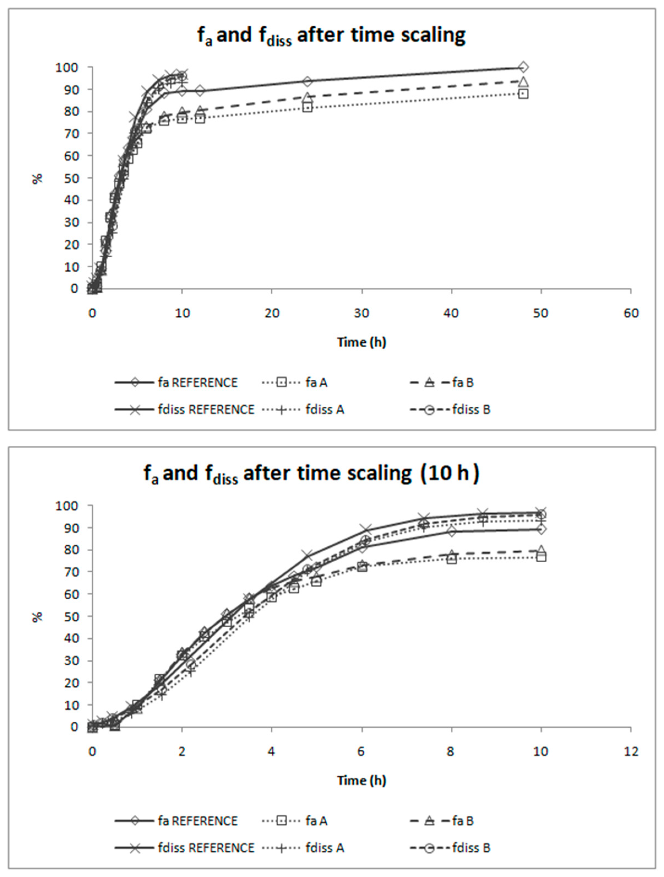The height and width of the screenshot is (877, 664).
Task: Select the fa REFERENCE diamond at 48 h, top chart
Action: [523, 67]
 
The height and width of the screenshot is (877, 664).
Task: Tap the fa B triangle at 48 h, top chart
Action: [523, 82]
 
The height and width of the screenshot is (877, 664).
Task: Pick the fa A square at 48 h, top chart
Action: [523, 94]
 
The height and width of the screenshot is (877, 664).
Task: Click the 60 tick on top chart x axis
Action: [631, 314]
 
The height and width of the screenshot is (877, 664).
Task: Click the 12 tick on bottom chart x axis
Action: [631, 752]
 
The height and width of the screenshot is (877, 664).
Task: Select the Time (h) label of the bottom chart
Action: [361, 780]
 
